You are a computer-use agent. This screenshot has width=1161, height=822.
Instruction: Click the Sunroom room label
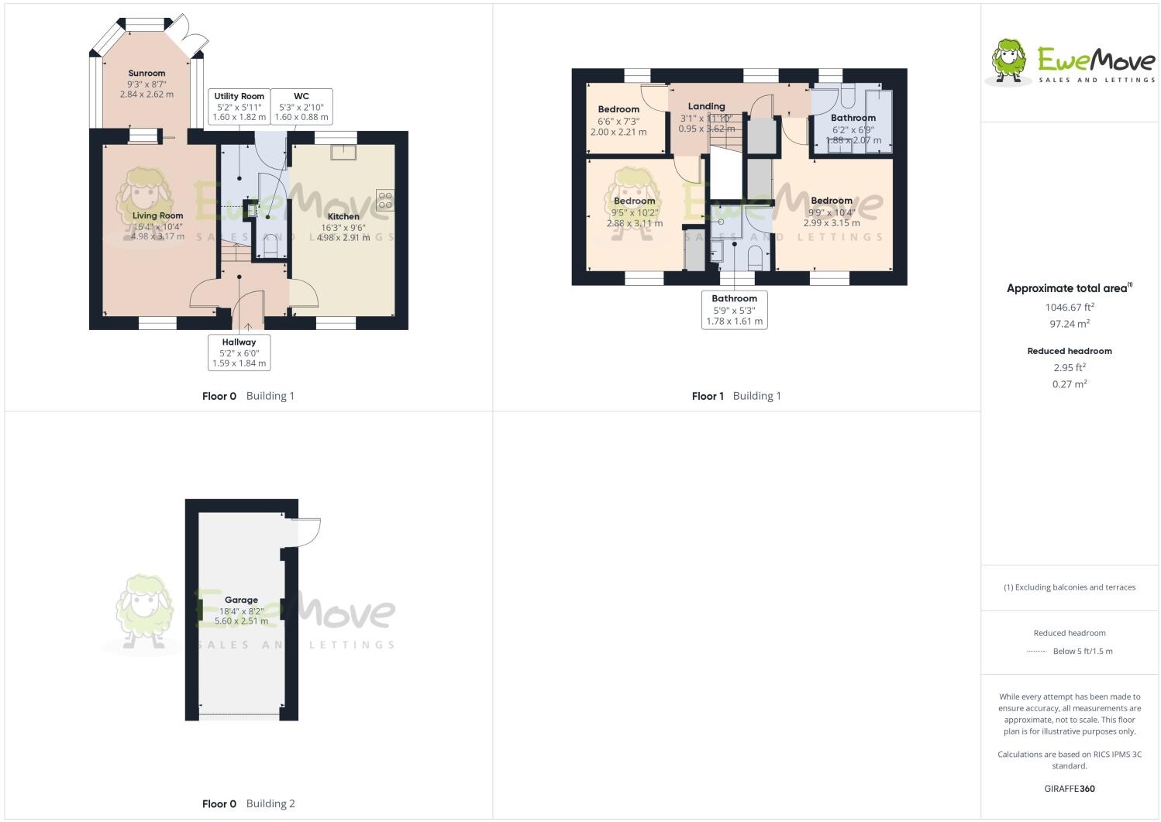(146, 74)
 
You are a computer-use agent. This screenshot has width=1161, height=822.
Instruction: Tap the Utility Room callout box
(239, 107)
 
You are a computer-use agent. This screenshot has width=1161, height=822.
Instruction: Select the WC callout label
(301, 107)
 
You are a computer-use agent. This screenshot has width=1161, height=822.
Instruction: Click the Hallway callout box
(239, 353)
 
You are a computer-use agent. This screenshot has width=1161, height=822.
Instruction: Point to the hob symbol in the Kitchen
(384, 200)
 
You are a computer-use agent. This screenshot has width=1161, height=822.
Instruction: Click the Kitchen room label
(343, 217)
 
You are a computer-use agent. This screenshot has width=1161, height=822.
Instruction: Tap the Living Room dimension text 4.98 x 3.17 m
(158, 236)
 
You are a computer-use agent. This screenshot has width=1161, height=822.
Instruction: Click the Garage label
(241, 600)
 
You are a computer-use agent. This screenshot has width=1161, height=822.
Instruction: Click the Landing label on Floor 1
(706, 106)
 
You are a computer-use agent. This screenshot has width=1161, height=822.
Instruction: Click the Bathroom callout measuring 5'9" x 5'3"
(734, 310)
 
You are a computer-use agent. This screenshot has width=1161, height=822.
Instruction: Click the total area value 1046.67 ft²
(1070, 307)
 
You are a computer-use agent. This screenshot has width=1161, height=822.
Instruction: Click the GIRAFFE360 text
(1070, 789)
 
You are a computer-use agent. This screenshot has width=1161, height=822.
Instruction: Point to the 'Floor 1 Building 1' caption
(736, 396)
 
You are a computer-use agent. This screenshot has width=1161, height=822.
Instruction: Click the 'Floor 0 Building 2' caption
(248, 803)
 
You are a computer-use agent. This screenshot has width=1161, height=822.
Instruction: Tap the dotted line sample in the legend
(1036, 652)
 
